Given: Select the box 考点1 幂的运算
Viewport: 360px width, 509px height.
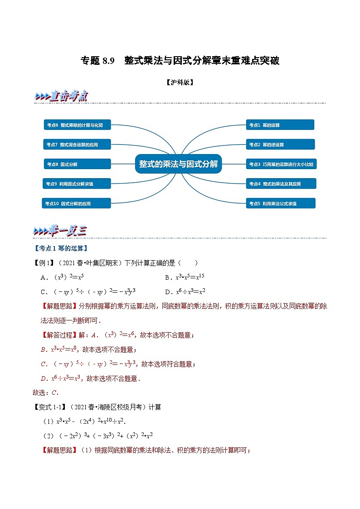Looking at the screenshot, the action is [280, 125].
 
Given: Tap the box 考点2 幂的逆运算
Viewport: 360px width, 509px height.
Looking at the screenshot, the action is [280, 145].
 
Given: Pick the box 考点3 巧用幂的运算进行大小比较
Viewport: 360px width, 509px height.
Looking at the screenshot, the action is [281, 164].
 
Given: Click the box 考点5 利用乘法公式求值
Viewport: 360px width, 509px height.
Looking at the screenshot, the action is [280, 204].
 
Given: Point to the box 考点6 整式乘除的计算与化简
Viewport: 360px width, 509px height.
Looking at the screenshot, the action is [77, 125].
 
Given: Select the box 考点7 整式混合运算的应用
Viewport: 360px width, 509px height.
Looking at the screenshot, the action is [77, 145].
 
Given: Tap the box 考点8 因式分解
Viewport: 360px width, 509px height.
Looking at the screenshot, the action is [77, 164].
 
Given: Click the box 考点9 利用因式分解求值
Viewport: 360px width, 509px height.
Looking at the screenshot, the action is [77, 184].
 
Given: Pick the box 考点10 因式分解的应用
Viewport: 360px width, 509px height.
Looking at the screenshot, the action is [77, 204].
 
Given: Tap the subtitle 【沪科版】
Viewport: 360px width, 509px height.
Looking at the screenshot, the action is [180, 82].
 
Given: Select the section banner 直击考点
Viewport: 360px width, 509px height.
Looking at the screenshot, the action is [61, 97].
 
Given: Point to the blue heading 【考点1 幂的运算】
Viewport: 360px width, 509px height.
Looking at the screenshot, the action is [61, 248].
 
